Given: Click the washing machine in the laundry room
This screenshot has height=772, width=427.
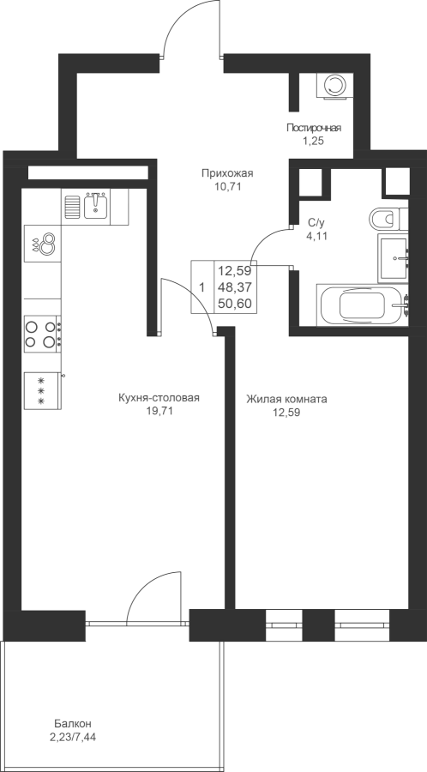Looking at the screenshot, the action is (335, 86).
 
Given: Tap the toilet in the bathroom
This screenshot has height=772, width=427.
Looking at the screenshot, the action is (388, 218).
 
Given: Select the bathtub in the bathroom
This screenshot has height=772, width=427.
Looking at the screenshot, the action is (362, 305).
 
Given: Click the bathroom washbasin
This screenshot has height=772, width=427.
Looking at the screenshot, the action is (393, 258).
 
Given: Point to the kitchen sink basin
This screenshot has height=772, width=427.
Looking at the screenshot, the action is (97, 205).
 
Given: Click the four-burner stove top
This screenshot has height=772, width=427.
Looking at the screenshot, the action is (42, 334).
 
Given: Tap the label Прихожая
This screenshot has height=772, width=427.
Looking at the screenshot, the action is (226, 172).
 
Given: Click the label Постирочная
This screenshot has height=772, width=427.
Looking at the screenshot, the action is (314, 128).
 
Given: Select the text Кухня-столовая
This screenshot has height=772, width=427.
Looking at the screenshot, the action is (159, 398).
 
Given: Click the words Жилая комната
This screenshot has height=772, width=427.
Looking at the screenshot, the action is (286, 399).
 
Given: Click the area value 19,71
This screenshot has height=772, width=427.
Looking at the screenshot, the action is (159, 412).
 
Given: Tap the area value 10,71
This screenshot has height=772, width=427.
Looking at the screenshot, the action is (227, 187).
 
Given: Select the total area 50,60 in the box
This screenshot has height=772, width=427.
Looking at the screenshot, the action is (235, 304).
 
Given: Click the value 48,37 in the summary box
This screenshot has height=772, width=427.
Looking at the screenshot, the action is (235, 287).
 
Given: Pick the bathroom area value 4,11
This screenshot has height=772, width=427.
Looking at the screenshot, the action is (316, 236).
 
